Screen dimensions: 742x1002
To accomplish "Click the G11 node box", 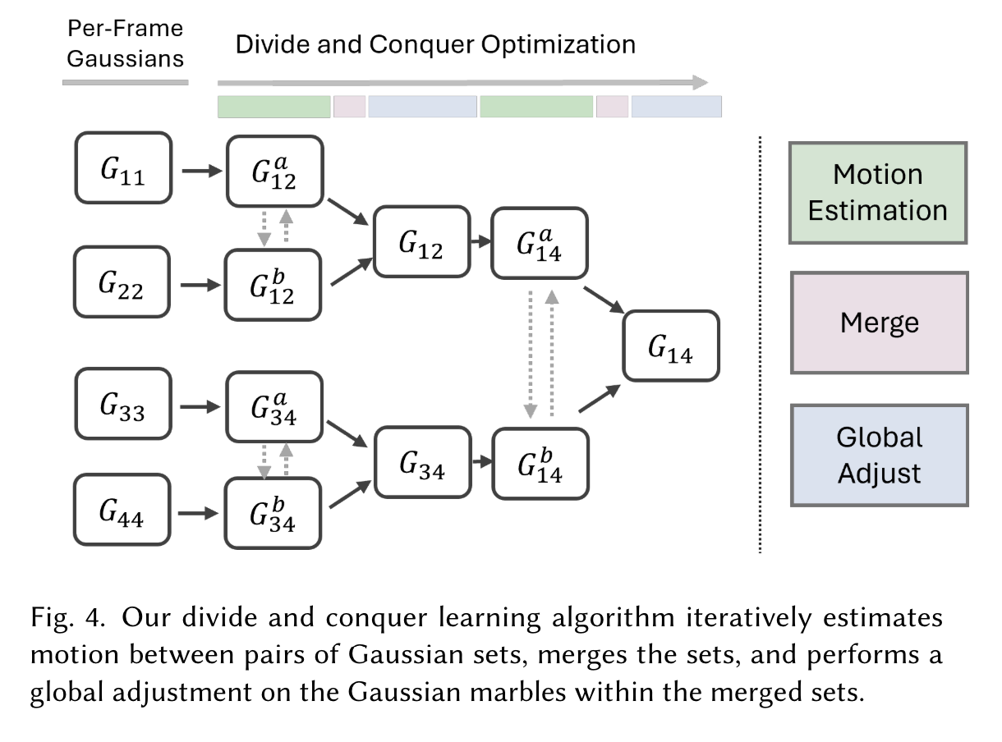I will pos(123,169).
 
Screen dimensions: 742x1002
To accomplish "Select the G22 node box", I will pos(122,282).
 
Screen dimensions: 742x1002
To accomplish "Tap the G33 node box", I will pos(123,404).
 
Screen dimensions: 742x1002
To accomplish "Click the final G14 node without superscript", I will pos(670,346).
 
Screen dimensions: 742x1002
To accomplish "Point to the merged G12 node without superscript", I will pos(421,241).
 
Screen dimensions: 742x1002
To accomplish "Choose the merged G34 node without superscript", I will pos(422,462).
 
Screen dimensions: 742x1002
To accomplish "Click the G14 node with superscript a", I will pos(540,244).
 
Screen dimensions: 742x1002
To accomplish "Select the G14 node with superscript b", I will pos(540,464).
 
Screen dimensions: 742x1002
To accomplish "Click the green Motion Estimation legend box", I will pos(877,192).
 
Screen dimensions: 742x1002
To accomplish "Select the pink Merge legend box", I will pos(879,323).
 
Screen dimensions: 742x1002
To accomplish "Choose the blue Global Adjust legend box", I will pos(879,455).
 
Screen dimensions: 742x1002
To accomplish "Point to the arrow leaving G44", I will pos(200,514).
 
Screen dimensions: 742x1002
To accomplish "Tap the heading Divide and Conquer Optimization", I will pos(435,44).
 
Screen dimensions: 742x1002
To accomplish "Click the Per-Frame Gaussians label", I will pos(125,44).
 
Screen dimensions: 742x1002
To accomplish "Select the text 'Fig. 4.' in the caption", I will pos(68,617).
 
